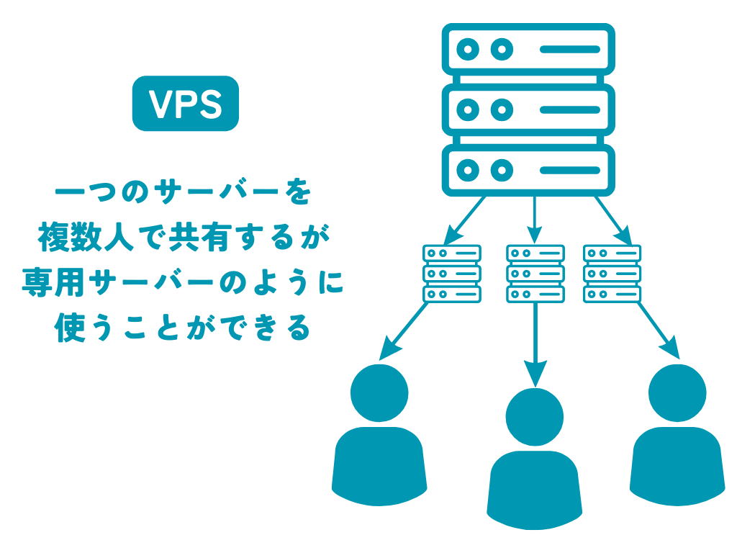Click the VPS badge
186,104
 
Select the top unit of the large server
528,49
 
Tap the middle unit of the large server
528,109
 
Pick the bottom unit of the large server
528,170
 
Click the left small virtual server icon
452,274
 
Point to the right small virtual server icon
612,274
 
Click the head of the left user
379,392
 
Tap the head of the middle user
535,417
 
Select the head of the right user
677,392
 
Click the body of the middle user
535,490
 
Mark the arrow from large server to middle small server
535,219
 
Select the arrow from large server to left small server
466,220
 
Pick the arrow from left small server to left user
404,331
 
